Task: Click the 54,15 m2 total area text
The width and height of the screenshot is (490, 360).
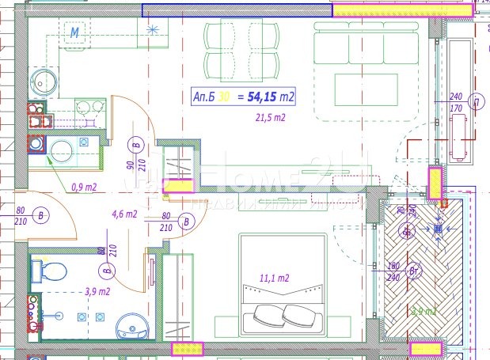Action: (272, 97)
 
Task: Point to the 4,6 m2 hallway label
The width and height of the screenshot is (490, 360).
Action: (124, 214)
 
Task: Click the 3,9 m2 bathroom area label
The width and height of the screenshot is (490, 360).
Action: (97, 292)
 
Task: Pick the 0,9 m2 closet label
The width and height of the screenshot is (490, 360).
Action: (83, 188)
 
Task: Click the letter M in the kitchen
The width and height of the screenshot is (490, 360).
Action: (75, 32)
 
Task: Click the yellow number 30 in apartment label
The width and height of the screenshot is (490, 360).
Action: (225, 97)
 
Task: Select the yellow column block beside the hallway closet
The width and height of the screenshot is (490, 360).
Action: (177, 186)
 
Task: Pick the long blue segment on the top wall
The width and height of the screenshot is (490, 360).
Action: (236, 10)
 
